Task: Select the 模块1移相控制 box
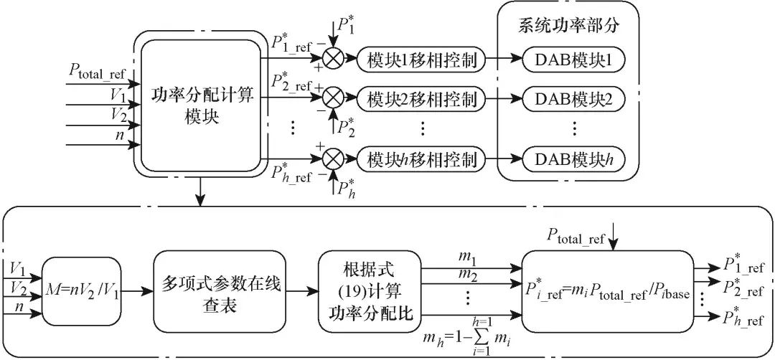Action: tap(422, 60)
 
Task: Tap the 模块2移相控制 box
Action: tap(422, 100)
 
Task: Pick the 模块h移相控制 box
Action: tap(422, 159)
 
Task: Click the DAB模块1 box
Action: tap(574, 60)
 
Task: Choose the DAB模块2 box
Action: tap(574, 100)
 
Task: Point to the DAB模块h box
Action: tap(574, 159)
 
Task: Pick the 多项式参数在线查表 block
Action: tap(220, 291)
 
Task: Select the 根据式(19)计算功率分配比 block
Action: tap(367, 291)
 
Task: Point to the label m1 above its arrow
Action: tap(468, 258)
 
